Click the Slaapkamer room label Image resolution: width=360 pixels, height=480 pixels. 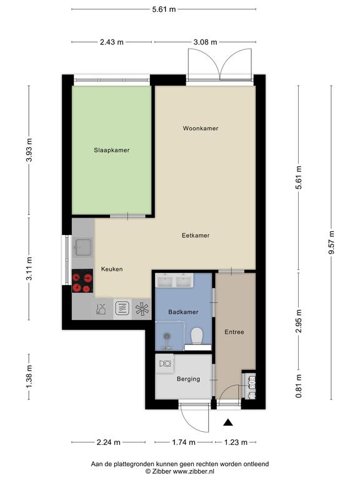coord(111,150)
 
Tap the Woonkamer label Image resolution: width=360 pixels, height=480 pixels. coord(201,128)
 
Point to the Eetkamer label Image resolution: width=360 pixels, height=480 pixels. coord(196,236)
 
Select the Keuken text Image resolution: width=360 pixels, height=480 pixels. coord(112,269)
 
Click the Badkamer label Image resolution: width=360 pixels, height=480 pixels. coord(183,312)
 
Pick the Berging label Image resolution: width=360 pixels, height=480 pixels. coord(188,379)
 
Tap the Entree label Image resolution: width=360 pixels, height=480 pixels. coord(234,332)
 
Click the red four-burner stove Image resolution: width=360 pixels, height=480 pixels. coord(82,281)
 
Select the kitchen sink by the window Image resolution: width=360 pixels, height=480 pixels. coord(82,247)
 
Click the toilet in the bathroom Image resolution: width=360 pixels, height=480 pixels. coord(196,336)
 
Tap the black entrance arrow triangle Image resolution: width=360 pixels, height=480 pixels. coord(228,422)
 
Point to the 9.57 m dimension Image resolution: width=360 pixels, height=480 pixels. coord(331,242)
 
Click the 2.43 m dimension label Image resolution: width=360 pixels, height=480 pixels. coord(112,42)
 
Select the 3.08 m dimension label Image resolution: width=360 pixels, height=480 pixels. coord(205,42)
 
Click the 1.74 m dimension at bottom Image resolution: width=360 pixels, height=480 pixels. coord(183,442)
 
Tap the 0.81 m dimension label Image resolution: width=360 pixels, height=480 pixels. coord(299,386)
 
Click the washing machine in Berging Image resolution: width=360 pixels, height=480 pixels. coord(165,364)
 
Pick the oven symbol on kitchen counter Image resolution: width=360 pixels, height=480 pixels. coord(122,309)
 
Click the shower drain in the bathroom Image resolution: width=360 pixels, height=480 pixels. coord(167,336)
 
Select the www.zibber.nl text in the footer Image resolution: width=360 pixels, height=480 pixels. coord(194,471)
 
